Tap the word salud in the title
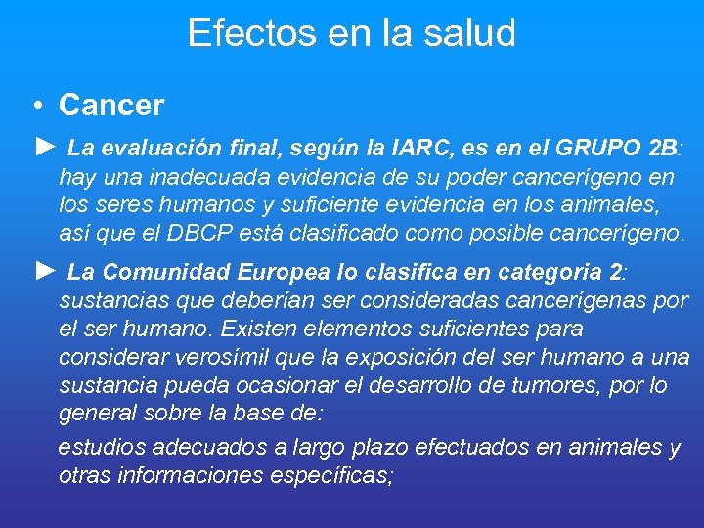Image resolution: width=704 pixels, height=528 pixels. [x=470, y=33]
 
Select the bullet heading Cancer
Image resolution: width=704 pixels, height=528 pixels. [x=111, y=105]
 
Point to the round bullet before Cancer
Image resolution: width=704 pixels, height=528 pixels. [x=34, y=106]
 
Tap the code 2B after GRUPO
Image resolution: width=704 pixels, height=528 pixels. [x=662, y=149]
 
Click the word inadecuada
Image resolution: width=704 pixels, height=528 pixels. [x=204, y=177]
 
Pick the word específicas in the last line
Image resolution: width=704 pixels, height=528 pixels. [x=333, y=476]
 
